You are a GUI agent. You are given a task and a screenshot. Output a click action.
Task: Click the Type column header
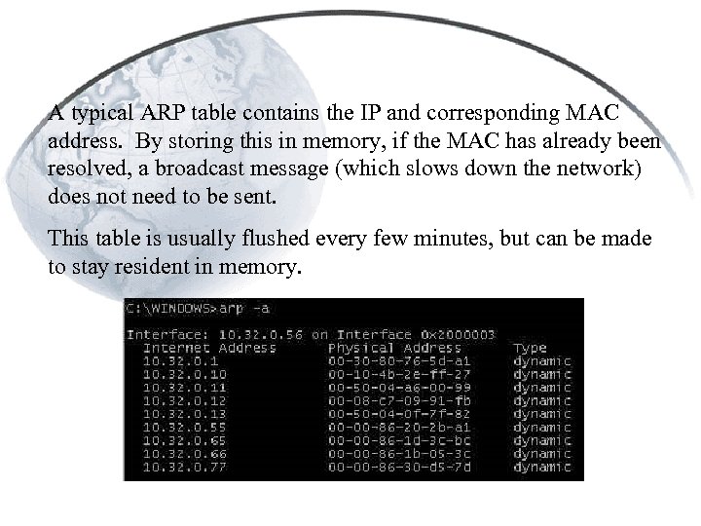click(x=531, y=348)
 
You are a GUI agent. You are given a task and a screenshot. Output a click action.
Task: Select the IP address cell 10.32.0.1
click(x=166, y=360)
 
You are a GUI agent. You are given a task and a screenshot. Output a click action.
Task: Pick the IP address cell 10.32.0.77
click(x=171, y=466)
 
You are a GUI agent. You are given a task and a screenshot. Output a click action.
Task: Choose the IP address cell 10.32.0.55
click(x=171, y=427)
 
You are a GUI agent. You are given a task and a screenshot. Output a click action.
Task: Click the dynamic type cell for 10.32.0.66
click(x=541, y=453)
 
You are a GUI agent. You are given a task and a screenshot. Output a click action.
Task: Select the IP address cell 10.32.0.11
click(x=171, y=387)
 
